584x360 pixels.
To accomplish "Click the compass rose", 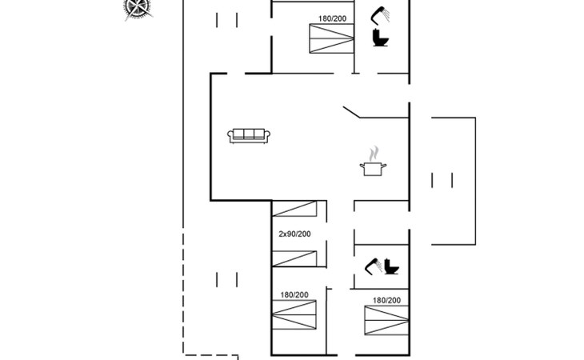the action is click(138, 8).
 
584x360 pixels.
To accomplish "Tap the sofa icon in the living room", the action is click(249, 136).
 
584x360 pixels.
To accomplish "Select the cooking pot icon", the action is click(373, 169).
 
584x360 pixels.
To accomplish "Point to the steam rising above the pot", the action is click(374, 154).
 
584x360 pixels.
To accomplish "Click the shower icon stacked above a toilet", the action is click(380, 15).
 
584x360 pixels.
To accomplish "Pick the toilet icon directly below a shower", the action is click(380, 38).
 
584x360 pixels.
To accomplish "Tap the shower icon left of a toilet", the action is click(373, 266).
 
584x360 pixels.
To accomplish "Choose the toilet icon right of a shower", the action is click(391, 266).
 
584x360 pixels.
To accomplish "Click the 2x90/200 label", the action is click(294, 234).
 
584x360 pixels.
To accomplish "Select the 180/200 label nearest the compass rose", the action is click(332, 18).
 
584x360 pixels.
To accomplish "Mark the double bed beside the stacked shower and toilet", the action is click(331, 38).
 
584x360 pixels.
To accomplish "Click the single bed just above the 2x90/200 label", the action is click(294, 209).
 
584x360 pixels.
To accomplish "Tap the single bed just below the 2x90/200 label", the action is click(294, 258).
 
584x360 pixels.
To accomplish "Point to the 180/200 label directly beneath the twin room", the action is click(294, 295).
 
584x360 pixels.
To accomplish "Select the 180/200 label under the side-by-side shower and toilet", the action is click(386, 300).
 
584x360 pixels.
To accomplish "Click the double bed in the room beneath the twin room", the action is click(294, 315).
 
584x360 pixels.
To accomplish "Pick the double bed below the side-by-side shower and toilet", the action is click(386, 320).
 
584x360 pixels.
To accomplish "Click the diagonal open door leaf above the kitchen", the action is click(351, 113).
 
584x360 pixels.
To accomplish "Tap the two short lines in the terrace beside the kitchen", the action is click(442, 180).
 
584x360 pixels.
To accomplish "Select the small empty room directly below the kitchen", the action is click(382, 222).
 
